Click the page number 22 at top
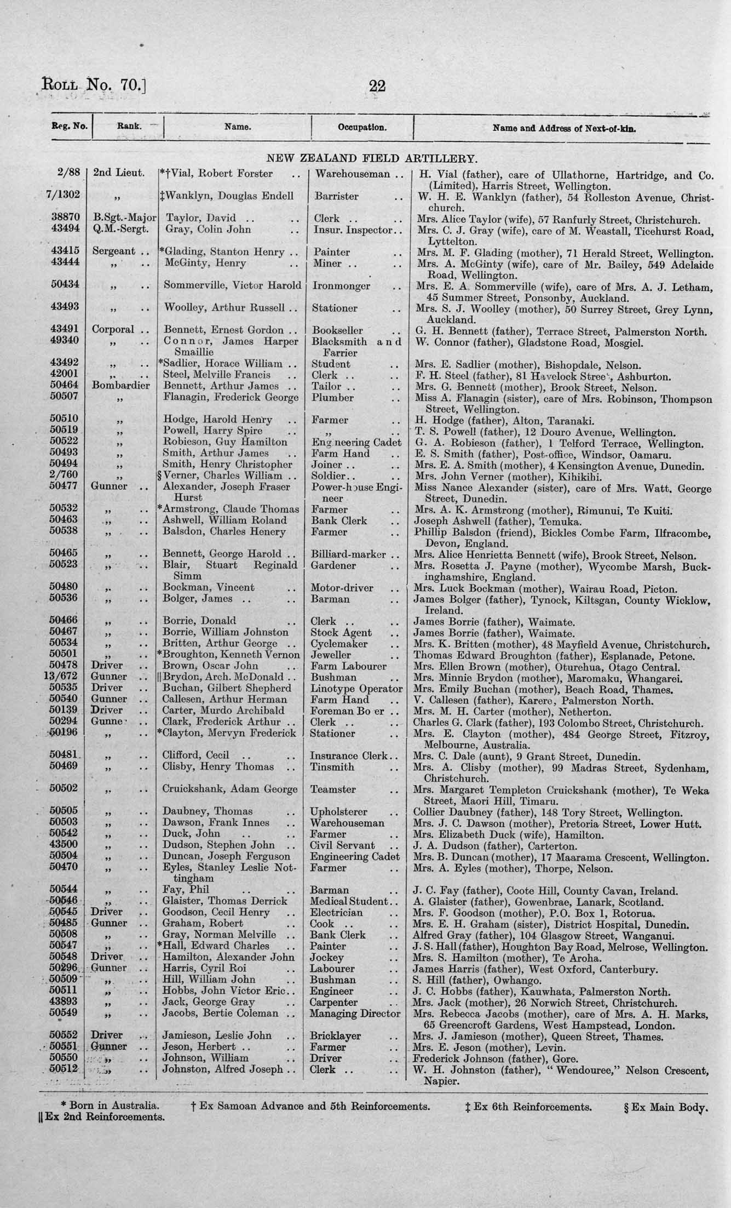pos(377,86)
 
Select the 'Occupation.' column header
pos(362,128)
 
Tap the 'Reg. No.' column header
pos(70,126)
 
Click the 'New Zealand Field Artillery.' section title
pos(372,159)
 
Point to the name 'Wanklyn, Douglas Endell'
pos(229,196)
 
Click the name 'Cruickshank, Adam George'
pos(230,789)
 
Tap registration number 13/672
pos(65,677)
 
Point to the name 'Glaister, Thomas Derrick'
pos(225,901)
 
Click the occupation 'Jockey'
pos(327,958)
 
